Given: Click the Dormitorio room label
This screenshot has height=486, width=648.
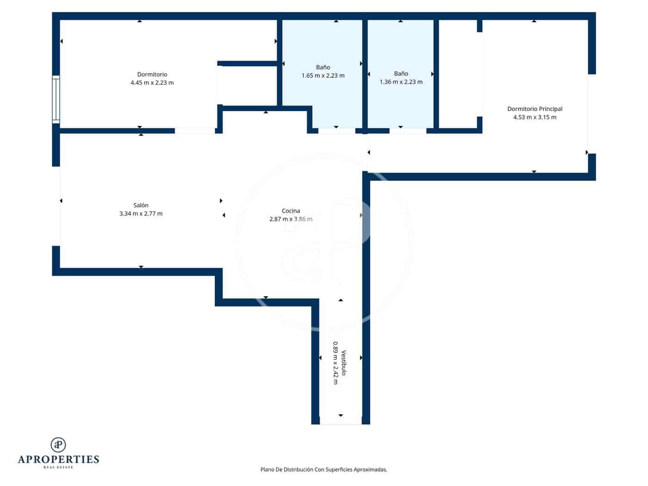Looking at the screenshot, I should point(152,75).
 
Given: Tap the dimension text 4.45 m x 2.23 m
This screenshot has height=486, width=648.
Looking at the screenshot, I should point(152,83).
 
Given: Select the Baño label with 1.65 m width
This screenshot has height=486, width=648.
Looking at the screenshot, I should point(323,68).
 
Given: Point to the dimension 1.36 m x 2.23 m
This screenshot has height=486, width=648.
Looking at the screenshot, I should point(401,82).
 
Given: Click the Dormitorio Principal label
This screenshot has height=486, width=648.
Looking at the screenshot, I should point(535,109).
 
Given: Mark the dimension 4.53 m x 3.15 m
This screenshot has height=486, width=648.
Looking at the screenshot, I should point(535,118).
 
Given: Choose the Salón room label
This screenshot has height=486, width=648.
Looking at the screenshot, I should point(141,206).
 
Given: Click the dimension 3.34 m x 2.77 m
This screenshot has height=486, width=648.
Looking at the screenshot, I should point(141,214).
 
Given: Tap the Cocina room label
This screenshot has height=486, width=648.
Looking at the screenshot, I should point(291,211).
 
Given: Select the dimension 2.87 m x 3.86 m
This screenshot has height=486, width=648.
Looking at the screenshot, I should point(291,219).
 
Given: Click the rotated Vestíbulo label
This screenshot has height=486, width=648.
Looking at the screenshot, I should point(343,363).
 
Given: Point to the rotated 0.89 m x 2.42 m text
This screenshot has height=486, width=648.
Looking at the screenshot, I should point(335,363).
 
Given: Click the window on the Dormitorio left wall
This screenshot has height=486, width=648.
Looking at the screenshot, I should point(56,99).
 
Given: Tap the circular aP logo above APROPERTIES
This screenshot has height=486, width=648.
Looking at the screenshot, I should point(58,445).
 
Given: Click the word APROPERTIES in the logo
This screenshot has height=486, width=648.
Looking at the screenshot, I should point(58,460).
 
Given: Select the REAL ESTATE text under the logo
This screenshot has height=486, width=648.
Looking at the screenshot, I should point(58,467).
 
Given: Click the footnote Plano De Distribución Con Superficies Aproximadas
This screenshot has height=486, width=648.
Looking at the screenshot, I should point(324,470).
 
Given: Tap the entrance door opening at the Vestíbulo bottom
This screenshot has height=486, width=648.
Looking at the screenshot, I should point(341,423).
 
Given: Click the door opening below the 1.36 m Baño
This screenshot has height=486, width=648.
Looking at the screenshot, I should point(407,131).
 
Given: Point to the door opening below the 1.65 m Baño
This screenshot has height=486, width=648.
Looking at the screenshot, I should point(336,131).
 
